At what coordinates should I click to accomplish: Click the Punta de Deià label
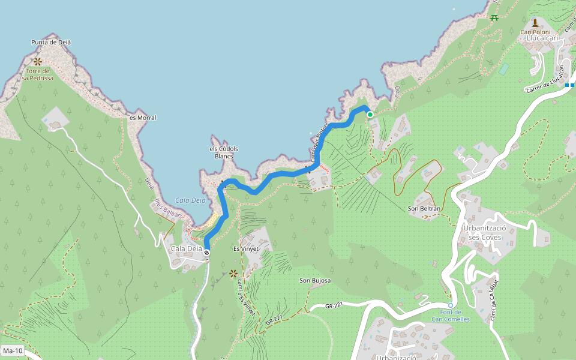pos(51,42)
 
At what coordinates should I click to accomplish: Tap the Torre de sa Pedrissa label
pos(38,74)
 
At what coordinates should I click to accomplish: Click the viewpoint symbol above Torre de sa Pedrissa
pos(38,61)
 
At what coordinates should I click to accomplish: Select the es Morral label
pos(143,118)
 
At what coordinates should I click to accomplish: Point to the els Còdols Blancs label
pos(224,152)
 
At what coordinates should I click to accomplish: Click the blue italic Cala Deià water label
pos(191,200)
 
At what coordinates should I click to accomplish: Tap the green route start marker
pos(370,115)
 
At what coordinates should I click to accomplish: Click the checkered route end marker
pos(206,253)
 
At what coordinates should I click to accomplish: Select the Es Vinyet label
pos(246,248)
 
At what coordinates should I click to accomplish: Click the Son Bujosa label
pos(316,280)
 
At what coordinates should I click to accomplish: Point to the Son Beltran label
pos(424,209)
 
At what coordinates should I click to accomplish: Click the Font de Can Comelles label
pos(451,316)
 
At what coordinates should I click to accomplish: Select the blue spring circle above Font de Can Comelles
pos(451,305)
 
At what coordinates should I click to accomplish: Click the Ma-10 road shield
pos(12,350)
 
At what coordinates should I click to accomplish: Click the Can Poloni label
pos(535,32)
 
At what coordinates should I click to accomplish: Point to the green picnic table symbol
pos(494,18)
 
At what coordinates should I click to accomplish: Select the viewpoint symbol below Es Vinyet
pos(233,274)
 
